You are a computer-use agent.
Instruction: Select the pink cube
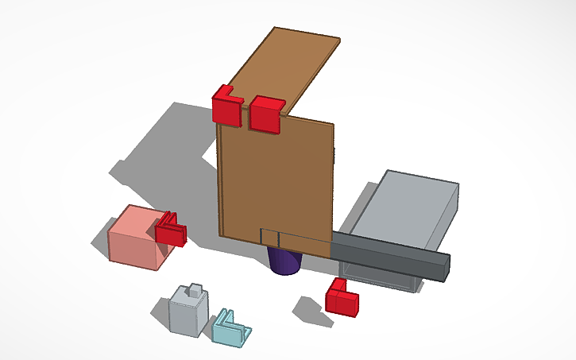pyautogui.click(x=137, y=238)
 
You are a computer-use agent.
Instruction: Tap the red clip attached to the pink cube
pyautogui.click(x=170, y=230)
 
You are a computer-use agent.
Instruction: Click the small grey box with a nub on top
pyautogui.click(x=190, y=313)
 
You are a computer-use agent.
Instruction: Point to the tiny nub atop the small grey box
pyautogui.click(x=193, y=290)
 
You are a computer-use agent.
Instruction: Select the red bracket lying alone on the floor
pyautogui.click(x=342, y=298)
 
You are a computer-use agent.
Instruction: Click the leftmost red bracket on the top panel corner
pyautogui.click(x=226, y=106)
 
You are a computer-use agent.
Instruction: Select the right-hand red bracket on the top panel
pyautogui.click(x=265, y=114)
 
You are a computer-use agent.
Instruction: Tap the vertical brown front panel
pyautogui.click(x=274, y=175)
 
